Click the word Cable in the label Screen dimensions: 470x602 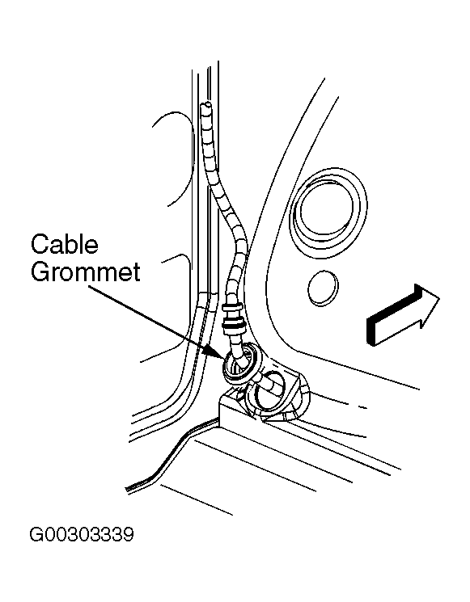point(65,245)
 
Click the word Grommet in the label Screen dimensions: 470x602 point(85,272)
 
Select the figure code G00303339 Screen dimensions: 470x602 point(82,534)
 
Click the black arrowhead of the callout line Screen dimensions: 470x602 point(216,352)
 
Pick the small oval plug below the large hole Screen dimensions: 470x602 point(323,288)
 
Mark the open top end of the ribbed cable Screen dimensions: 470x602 point(206,104)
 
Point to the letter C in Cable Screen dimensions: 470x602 point(39,245)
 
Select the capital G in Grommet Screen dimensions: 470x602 point(40,272)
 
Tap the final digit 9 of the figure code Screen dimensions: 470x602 point(129,534)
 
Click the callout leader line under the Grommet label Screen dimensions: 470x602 point(150,317)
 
